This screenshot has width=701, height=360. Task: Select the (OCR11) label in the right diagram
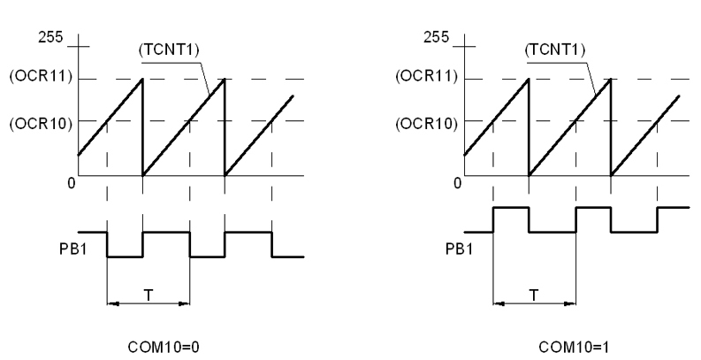(x=427, y=78)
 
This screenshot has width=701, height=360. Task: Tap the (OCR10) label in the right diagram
(x=427, y=120)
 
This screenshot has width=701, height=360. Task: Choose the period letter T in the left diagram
(x=149, y=293)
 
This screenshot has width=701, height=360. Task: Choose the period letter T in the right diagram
(x=535, y=293)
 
